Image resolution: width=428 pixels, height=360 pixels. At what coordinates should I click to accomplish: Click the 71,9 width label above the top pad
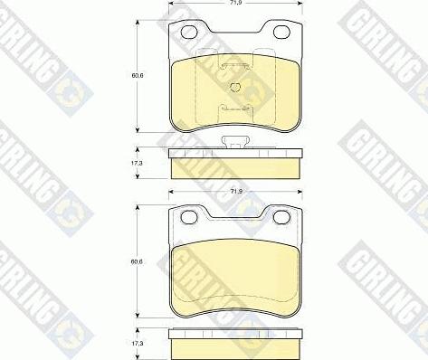[x=235, y=5]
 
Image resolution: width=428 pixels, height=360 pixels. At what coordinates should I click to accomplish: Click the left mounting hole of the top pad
[x=189, y=34]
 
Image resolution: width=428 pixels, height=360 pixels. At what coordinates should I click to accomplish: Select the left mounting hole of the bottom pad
[x=189, y=219]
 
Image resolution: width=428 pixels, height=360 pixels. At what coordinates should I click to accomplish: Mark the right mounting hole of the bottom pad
[x=281, y=219]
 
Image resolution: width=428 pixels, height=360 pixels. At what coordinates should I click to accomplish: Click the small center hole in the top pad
[x=234, y=88]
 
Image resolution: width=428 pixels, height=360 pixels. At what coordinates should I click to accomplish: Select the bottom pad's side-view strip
[x=235, y=346]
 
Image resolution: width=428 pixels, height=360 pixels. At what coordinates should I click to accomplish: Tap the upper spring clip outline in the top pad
[x=235, y=65]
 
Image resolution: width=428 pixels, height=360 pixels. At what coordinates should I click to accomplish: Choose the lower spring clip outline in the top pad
[x=235, y=108]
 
